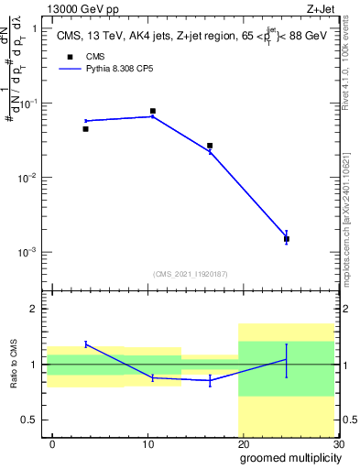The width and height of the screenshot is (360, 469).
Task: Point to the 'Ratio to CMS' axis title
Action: (15, 365)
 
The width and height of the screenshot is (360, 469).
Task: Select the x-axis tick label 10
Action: (147, 444)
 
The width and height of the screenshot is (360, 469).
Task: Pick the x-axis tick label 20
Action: (243, 444)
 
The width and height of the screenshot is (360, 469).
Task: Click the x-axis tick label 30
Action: (337, 444)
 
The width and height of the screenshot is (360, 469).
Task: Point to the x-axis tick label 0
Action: (53, 444)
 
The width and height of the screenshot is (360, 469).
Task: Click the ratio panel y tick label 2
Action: (34, 309)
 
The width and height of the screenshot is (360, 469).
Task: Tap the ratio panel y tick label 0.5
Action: (29, 420)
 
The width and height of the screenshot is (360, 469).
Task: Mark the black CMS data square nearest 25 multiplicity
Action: (287, 239)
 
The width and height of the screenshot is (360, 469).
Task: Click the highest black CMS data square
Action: (153, 111)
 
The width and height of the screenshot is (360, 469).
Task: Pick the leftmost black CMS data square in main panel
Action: (86, 129)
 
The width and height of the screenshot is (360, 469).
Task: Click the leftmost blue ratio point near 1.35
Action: (86, 344)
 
